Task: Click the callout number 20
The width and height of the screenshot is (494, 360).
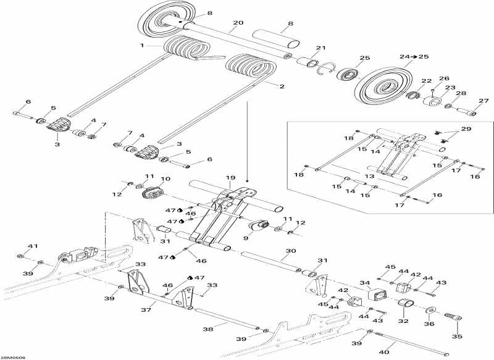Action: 238,23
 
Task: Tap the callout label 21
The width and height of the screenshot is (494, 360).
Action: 320,48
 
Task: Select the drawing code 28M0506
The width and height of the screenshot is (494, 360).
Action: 13,358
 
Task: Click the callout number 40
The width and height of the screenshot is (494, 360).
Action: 385,352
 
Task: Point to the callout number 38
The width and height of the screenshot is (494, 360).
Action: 208,329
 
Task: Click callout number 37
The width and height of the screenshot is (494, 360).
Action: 146,310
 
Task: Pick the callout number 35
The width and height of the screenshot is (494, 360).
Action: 457,337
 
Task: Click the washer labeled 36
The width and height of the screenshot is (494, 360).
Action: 430,311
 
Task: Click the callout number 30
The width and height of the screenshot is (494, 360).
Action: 291,251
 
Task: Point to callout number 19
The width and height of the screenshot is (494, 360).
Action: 230,178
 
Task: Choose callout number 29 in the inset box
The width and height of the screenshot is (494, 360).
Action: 466,129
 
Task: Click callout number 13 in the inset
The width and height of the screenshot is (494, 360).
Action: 369,177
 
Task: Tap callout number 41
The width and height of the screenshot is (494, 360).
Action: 33,246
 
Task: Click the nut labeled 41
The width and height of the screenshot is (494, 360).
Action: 20,256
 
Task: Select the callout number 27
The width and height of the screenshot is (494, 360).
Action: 484,101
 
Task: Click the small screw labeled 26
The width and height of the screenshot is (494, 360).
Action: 432,91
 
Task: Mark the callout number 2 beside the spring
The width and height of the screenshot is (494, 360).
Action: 282,86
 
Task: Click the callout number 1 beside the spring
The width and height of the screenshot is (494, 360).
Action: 142,46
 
